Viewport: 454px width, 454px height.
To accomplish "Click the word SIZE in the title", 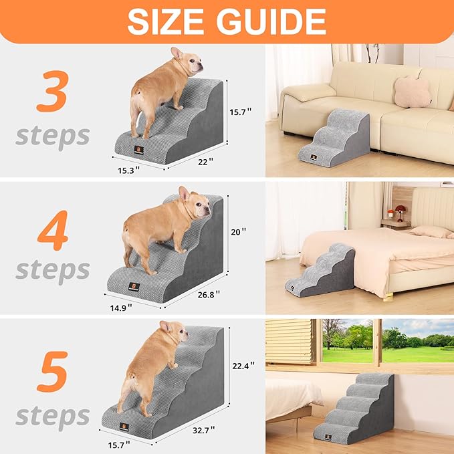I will coord(168,21).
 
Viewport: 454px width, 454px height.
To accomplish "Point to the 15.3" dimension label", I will coord(131,171).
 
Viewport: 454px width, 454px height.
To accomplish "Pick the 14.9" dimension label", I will coord(120,307).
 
